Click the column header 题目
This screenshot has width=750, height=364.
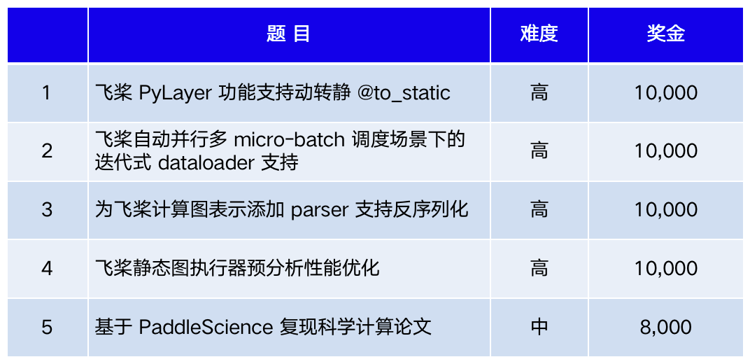pos(288,34)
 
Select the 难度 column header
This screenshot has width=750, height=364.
pos(539,34)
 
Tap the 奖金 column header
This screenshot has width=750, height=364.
pos(665,34)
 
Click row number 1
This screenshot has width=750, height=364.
pos(47,92)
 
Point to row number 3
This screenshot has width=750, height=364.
pos(47,209)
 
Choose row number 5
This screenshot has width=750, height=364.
pos(47,326)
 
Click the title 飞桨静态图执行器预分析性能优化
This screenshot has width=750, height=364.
pos(237,268)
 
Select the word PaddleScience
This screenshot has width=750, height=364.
pos(206,326)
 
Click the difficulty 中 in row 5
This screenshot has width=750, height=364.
pos(539,326)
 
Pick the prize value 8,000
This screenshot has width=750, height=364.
pos(665,326)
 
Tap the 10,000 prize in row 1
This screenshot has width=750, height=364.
pos(665,92)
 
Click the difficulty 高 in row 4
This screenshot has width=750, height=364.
pos(539,268)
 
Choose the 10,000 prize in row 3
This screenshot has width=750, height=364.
pos(665,209)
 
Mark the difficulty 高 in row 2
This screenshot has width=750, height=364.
pos(539,150)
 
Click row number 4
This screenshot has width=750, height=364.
pos(47,268)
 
